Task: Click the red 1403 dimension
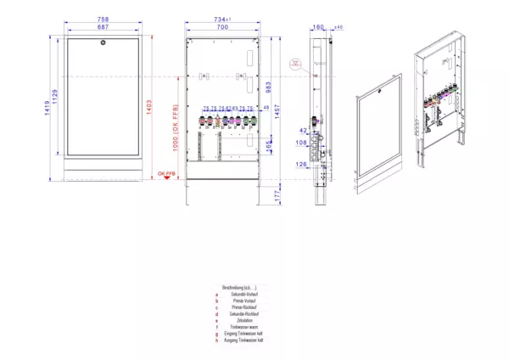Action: pos(150,110)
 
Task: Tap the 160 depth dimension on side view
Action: pos(318,28)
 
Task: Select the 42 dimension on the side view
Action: pos(303,131)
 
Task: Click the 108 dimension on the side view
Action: pos(302,143)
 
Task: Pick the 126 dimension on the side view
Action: pos(301,164)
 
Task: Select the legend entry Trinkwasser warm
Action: pos(243,327)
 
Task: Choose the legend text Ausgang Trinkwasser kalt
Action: pos(243,340)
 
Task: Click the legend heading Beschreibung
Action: pos(238,288)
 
